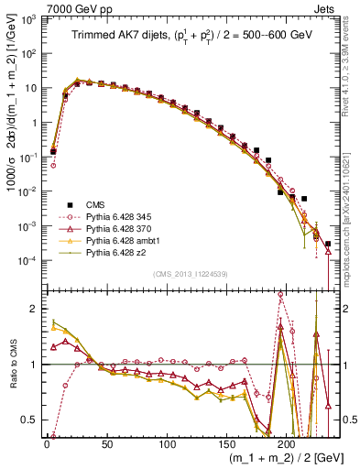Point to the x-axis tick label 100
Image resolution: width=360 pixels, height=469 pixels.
(167, 444)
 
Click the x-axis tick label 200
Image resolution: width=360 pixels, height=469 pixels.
(287, 444)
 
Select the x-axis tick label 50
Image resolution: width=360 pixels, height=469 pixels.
(107, 444)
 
